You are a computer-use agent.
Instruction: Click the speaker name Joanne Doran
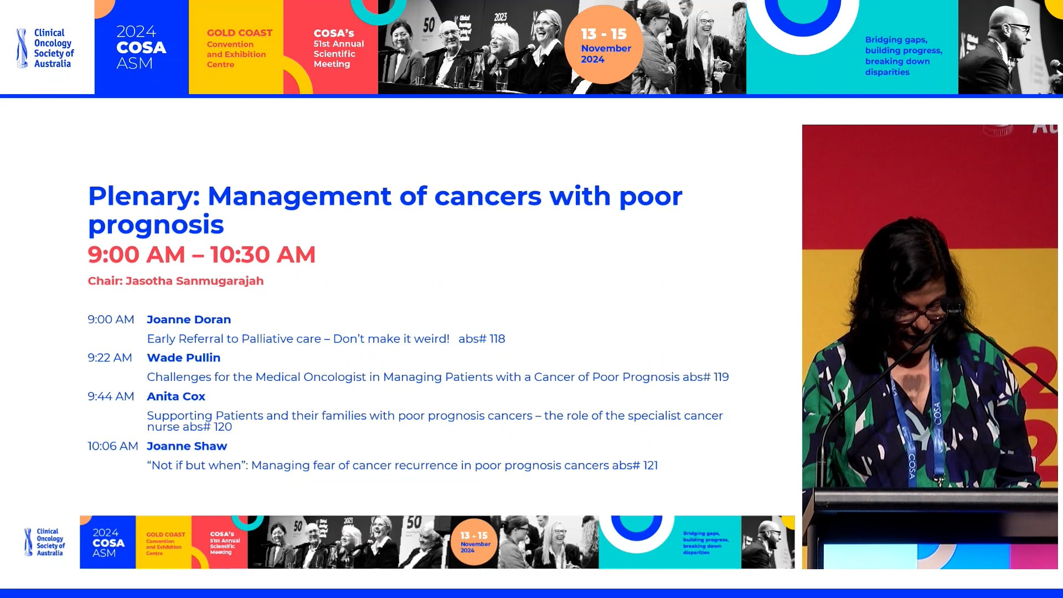(x=189, y=319)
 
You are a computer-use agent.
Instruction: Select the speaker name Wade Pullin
(x=183, y=358)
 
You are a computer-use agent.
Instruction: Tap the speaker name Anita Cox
(x=176, y=396)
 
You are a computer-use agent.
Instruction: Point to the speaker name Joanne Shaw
(x=187, y=446)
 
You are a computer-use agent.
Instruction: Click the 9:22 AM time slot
(x=110, y=358)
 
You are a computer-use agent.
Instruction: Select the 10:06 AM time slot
(x=112, y=446)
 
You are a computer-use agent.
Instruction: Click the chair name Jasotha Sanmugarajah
(x=194, y=281)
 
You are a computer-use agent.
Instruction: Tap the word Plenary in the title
(x=143, y=197)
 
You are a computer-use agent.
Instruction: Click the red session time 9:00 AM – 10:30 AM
(x=202, y=255)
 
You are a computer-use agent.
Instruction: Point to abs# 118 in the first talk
(x=482, y=339)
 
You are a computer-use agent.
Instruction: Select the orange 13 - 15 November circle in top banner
(x=604, y=45)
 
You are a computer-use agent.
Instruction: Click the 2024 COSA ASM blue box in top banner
(x=141, y=47)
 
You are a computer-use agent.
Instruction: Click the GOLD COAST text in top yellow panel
(x=239, y=33)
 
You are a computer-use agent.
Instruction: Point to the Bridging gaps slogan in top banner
(x=903, y=55)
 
